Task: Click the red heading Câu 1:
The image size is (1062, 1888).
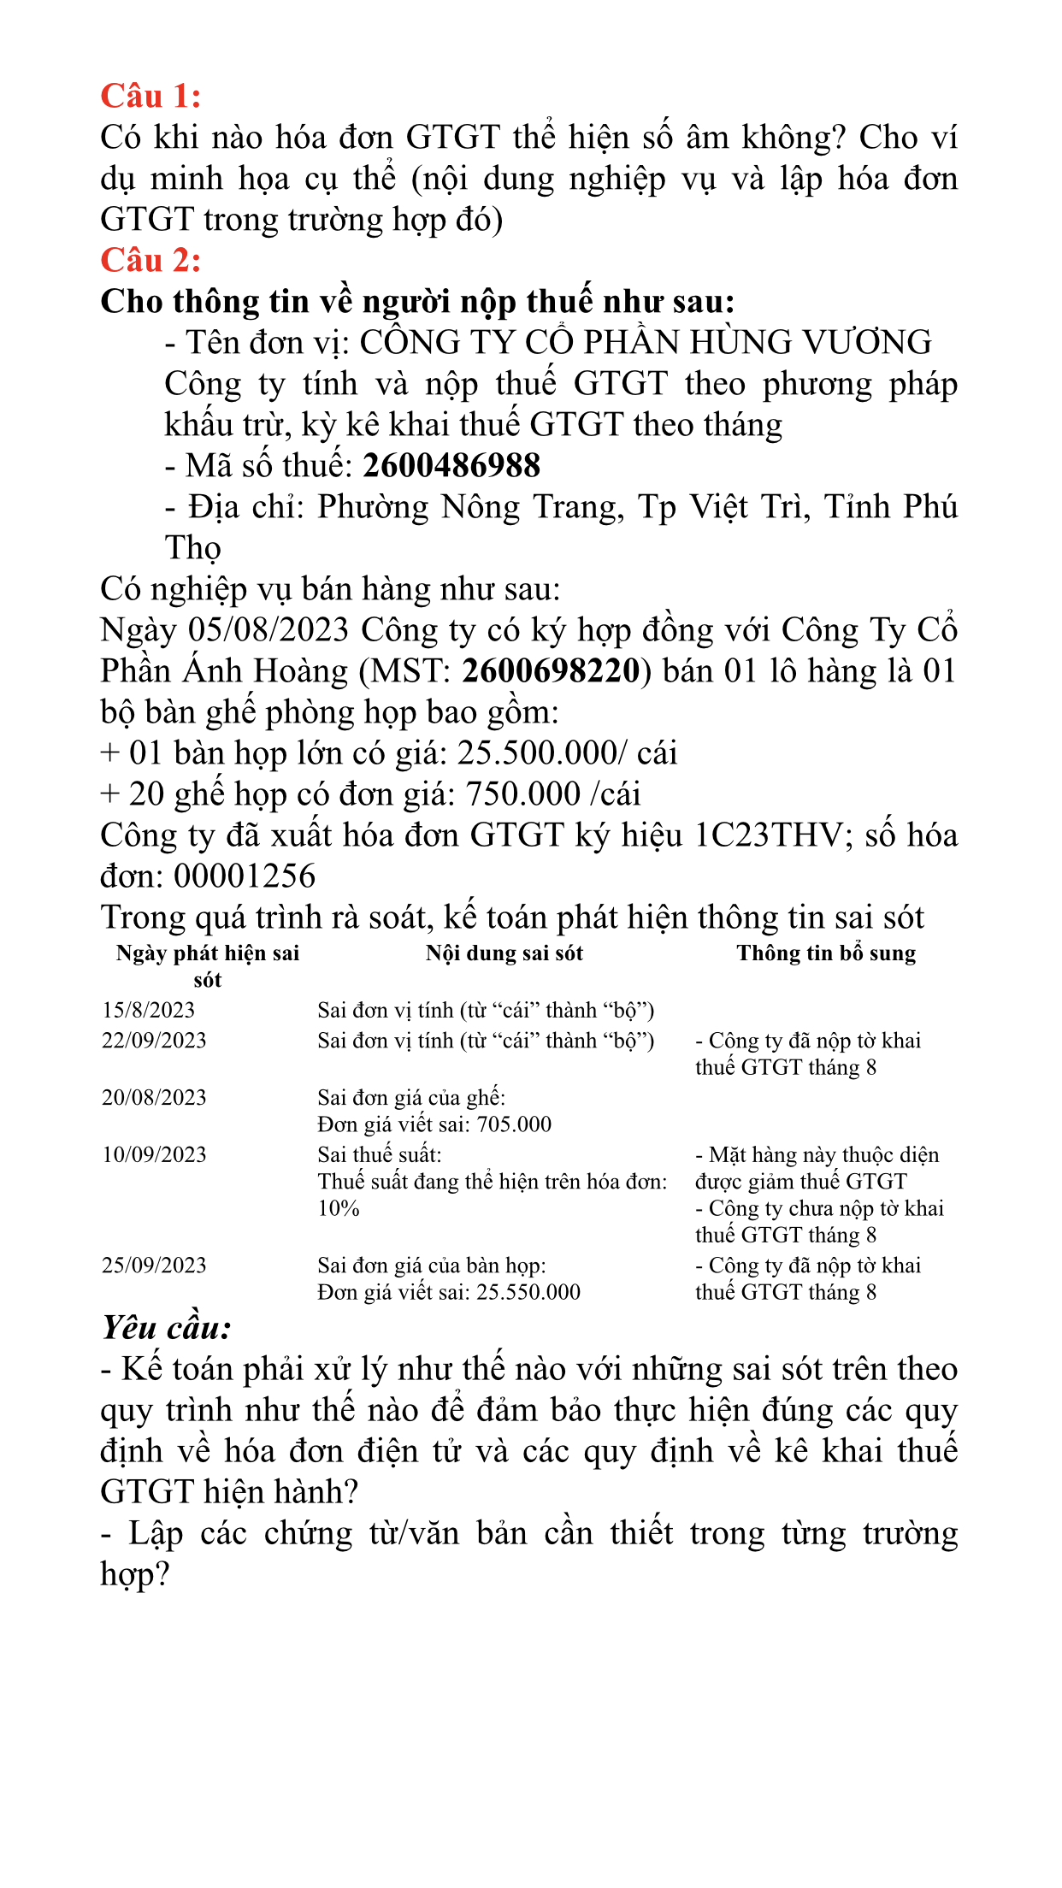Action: pos(150,96)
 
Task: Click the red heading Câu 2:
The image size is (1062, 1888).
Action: pos(150,260)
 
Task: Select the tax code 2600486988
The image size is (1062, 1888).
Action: pos(451,466)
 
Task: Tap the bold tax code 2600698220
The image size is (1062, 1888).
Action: pos(551,671)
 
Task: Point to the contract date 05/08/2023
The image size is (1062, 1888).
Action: pos(268,630)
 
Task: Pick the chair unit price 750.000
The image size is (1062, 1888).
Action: pos(522,794)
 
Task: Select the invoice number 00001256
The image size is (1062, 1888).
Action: pos(245,876)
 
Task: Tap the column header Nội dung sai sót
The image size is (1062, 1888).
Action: pos(504,953)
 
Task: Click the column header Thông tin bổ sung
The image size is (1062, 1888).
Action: pos(826,953)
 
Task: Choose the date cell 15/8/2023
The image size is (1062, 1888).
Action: pos(149,1011)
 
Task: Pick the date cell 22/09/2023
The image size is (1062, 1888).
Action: pos(155,1041)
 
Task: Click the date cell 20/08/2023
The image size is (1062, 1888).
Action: pos(155,1098)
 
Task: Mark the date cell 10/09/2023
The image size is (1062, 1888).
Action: pos(155,1155)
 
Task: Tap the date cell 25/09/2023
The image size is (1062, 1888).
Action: pos(155,1266)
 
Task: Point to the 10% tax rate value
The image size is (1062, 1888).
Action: pos(339,1208)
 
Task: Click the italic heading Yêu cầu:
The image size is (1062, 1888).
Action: pos(167,1328)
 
